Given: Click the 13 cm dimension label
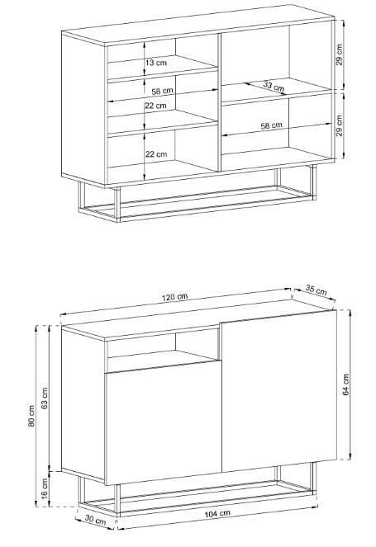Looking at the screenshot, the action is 156,63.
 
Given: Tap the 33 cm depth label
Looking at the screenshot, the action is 274,86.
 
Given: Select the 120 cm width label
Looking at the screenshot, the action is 174,297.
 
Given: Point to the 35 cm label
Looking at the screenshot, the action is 316,290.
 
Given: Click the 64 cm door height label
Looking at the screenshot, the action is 346,384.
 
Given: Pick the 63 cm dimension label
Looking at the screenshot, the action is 45,398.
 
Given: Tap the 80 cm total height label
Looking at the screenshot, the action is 31,416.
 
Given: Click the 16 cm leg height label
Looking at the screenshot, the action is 45,488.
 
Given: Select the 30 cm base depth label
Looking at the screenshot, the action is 95,520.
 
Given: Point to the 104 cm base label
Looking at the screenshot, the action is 217,513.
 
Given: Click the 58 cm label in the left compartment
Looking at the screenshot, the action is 163,91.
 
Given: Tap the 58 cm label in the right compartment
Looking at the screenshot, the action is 272,125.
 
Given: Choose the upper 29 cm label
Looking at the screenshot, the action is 340,54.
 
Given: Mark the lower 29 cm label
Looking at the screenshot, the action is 340,125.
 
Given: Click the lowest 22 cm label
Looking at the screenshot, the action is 156,153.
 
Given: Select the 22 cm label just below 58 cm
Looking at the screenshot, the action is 155,106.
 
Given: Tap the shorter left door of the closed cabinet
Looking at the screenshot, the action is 163,422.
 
